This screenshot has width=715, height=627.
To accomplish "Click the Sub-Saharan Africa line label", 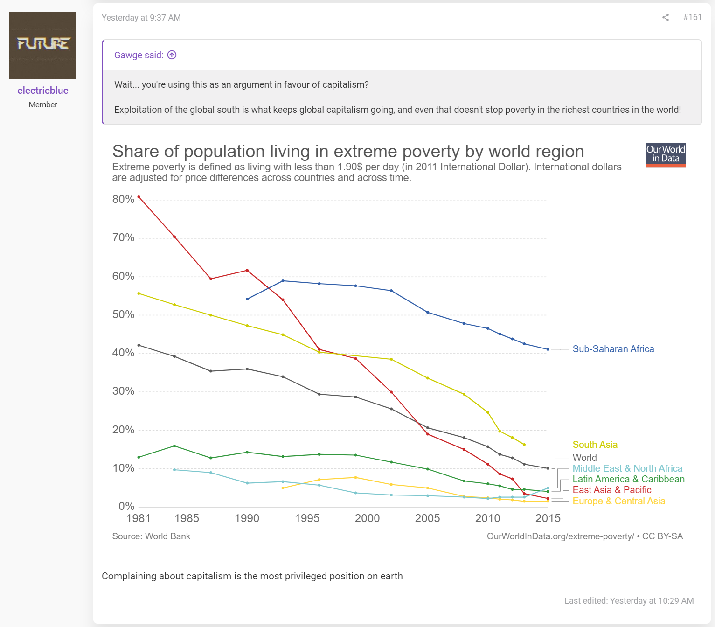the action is point(613,349).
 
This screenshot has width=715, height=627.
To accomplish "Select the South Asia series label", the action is point(595,445).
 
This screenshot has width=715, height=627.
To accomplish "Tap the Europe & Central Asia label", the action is point(618,501).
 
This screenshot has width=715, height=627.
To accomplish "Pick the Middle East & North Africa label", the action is point(627,468).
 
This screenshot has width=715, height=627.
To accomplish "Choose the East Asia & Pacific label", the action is point(611,490).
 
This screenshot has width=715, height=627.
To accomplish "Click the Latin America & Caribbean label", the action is point(628,479).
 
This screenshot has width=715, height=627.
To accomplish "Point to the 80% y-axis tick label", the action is point(123,199).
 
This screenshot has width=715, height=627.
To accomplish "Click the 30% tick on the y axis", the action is point(123,391).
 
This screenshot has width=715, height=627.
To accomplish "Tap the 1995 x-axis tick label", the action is point(307,518).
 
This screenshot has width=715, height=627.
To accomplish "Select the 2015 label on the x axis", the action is point(548,518).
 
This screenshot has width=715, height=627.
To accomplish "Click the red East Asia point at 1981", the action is point(139,197).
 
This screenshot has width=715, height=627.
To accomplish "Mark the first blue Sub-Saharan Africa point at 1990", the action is point(247,299).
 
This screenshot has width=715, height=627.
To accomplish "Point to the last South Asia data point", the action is point(524,445).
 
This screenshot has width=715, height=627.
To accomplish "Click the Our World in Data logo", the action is point(666,155).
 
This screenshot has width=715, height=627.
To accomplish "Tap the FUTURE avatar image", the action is point(43,45).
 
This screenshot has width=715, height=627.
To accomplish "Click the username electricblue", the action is point(43,91).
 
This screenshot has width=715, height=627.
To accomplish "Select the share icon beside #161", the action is point(665,17).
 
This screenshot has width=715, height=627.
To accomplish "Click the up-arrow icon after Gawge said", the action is point(172,55).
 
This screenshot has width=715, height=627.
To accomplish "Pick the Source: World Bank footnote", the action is point(151,536).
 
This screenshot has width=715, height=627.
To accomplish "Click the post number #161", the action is point(692,17).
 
